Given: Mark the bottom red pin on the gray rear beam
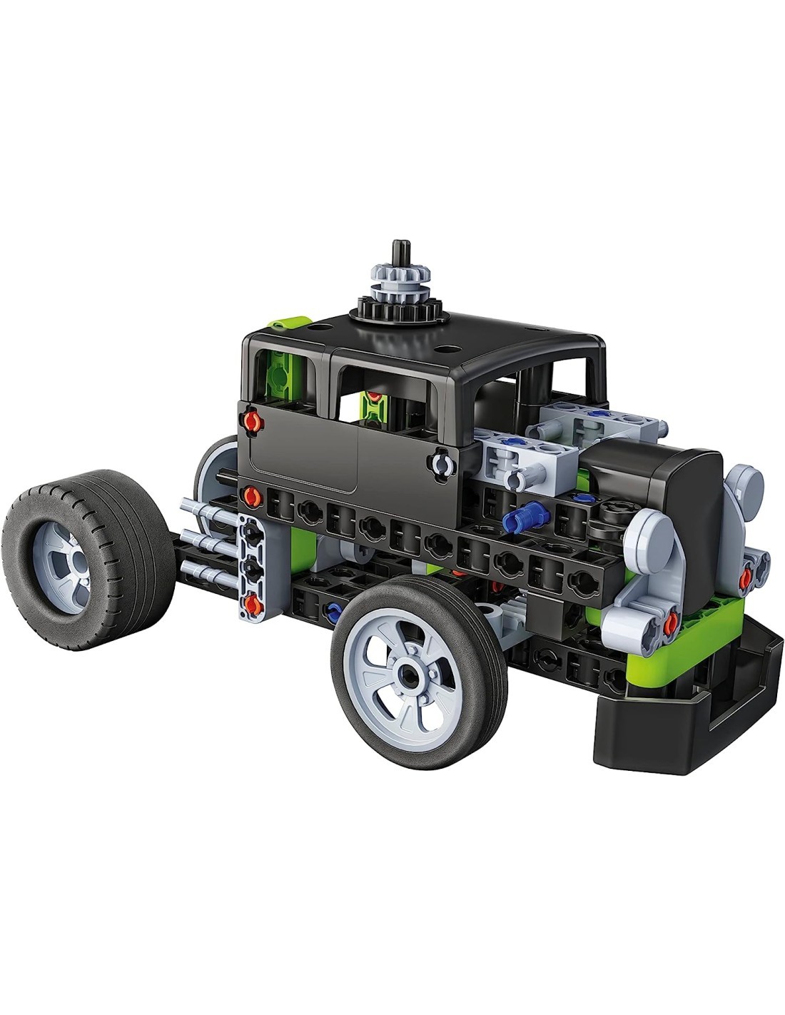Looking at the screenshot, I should [x=252, y=606].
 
